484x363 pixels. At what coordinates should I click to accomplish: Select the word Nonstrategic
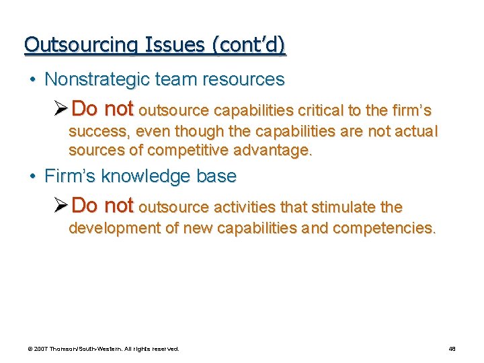pos(97,79)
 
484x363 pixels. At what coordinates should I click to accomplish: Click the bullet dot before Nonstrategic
pos(32,80)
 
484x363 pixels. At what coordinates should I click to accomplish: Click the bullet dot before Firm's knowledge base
pos(32,177)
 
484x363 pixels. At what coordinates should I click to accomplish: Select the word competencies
pos(384,228)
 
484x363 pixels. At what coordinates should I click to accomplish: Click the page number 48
pos(452,349)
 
